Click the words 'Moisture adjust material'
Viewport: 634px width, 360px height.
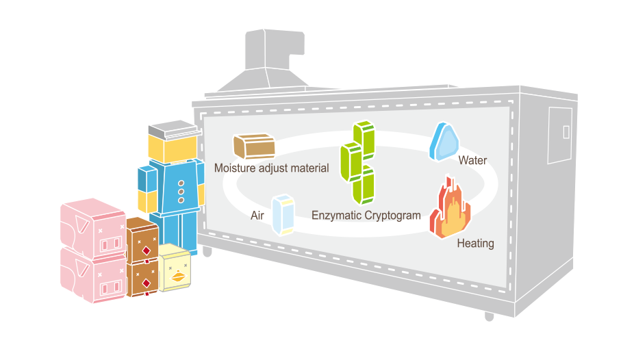point(271,168)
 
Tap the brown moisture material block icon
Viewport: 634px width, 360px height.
point(254,145)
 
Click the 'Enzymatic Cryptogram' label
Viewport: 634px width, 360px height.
point(366,215)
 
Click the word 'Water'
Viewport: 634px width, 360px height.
point(472,161)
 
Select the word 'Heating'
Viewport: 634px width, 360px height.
point(474,243)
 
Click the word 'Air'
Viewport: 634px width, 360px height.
point(257,215)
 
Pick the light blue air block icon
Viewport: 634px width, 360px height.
point(283,214)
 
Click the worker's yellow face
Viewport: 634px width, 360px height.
point(173,149)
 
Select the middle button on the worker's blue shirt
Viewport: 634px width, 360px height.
point(181,192)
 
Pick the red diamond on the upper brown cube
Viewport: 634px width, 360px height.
point(146,250)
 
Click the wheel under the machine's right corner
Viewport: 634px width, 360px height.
point(489,317)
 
